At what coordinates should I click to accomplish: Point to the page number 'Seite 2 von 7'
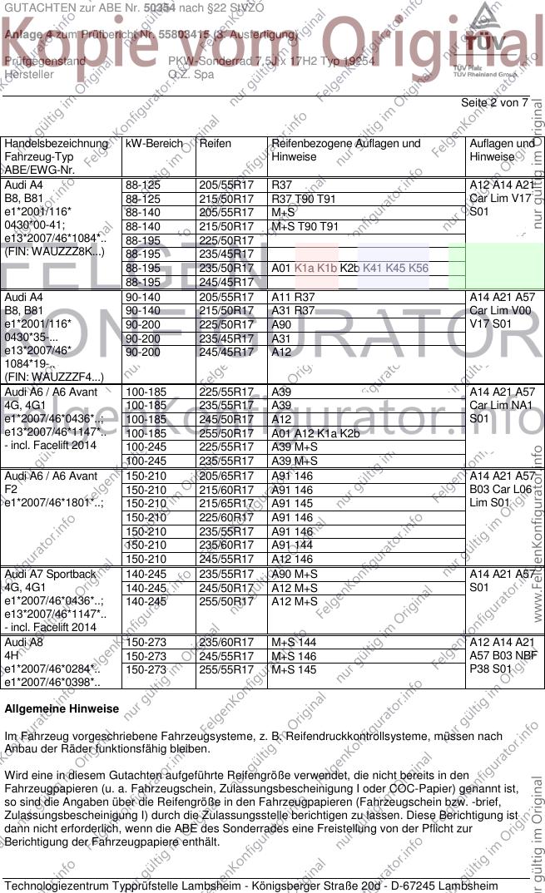(x=494, y=103)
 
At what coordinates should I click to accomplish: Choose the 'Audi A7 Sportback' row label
(x=51, y=574)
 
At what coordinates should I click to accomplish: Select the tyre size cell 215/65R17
(x=225, y=503)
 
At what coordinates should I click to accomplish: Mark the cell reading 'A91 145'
(x=293, y=503)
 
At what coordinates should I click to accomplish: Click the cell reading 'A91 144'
(x=293, y=545)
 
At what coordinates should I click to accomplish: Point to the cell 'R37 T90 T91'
(x=304, y=199)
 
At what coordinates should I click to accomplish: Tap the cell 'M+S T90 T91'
(x=305, y=226)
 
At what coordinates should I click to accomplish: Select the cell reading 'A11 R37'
(x=294, y=296)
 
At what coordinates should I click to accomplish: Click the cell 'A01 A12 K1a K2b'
(x=316, y=432)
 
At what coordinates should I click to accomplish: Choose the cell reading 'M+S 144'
(x=294, y=642)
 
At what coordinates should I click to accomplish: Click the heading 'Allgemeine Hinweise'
(x=62, y=709)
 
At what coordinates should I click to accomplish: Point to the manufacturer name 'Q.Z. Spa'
(x=191, y=74)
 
